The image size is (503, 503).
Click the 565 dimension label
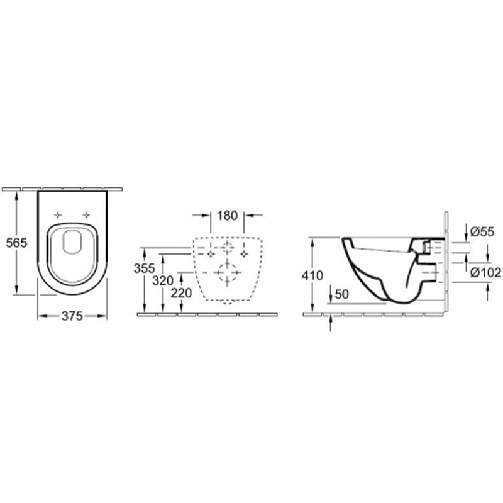17,243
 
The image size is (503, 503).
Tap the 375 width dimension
72,316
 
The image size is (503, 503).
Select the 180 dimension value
227,216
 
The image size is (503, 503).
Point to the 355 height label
145,268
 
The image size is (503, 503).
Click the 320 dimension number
163,280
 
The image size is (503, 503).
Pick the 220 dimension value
181,293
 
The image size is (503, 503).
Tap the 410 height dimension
312,275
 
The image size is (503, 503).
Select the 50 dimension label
341,294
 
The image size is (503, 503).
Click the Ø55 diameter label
482,231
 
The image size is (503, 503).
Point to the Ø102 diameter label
485,272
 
